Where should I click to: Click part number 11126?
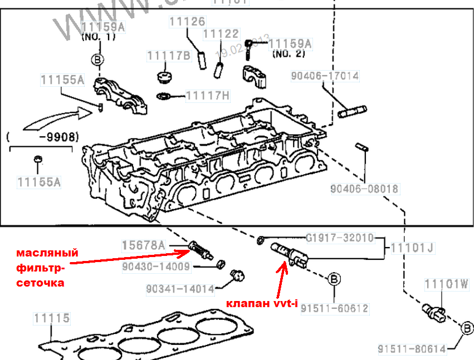pyautogui.click(x=187, y=22)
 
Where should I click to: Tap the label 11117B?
pyautogui.click(x=169, y=56)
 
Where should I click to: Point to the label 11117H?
pyautogui.click(x=207, y=96)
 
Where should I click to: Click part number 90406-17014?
pyautogui.click(x=324, y=76)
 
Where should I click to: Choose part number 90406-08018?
pyautogui.click(x=364, y=189)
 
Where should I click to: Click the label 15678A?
pyautogui.click(x=144, y=245)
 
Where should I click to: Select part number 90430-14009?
pyautogui.click(x=156, y=267)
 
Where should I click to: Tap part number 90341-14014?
pyautogui.click(x=180, y=289)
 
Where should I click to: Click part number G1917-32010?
pyautogui.click(x=339, y=238)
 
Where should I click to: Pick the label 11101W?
pyautogui.click(x=447, y=285)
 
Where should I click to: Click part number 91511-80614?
pyautogui.click(x=412, y=349)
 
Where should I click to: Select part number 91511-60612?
pyautogui.click(x=334, y=308)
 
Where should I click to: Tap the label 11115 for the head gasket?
pyautogui.click(x=51, y=318)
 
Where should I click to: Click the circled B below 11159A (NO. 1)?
pyautogui.click(x=97, y=60)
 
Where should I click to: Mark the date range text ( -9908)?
pyautogui.click(x=42, y=136)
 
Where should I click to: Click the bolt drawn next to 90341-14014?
pyautogui.click(x=236, y=275)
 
